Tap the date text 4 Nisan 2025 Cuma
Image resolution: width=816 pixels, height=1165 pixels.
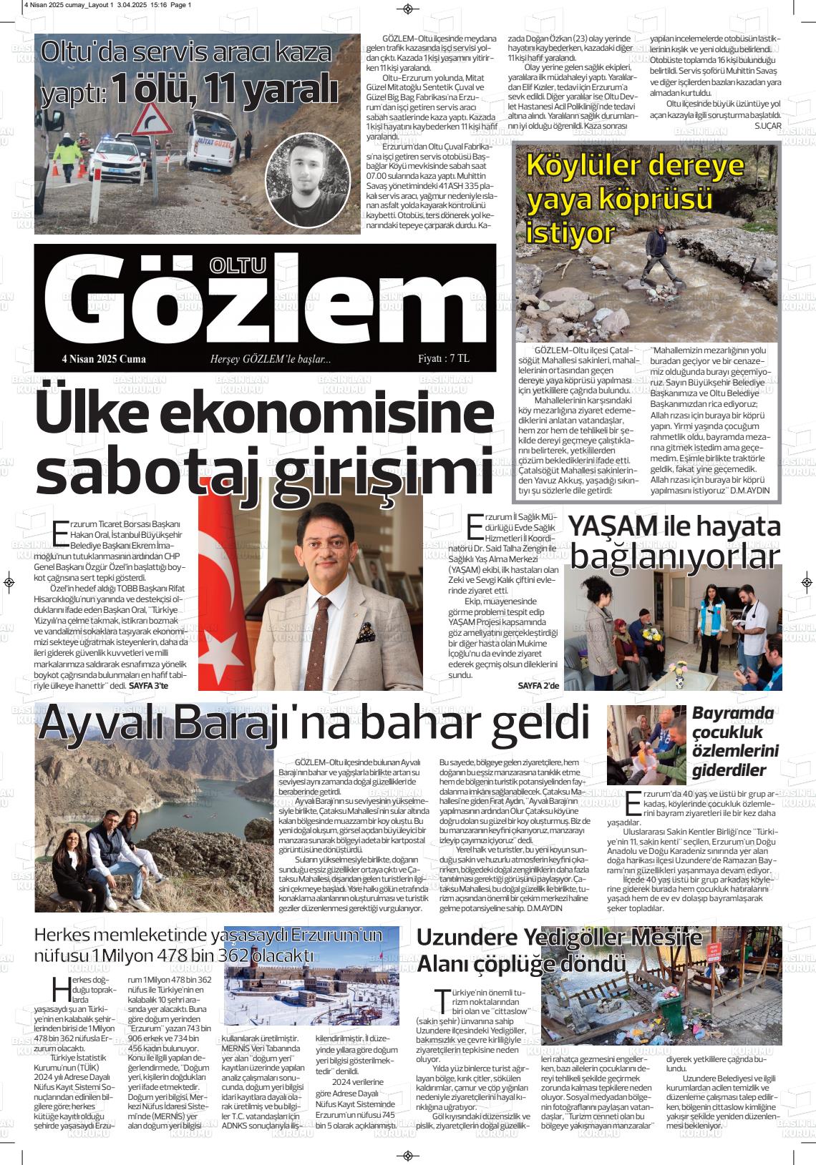(104, 359)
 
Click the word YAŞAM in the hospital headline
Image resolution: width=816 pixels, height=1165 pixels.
(612, 526)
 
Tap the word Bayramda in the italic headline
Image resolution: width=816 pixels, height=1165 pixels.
(733, 713)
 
